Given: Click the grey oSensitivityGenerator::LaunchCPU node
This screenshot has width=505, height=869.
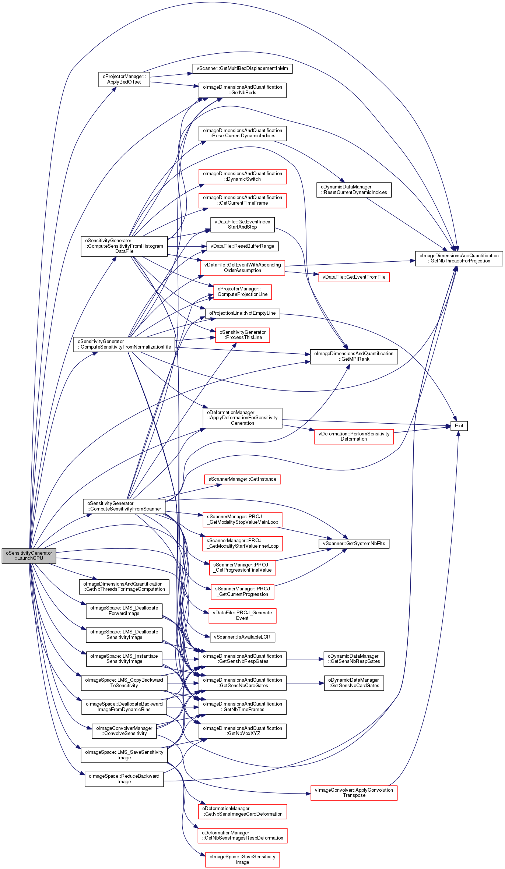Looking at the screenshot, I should tap(29, 555).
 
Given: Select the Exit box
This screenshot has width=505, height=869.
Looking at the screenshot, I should tap(459, 426).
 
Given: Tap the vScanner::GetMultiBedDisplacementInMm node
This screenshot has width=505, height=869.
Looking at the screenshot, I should tap(242, 68).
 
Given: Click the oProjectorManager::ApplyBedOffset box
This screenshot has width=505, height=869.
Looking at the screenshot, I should tap(124, 79).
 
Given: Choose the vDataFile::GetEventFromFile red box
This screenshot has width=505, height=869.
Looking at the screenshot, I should tap(354, 277).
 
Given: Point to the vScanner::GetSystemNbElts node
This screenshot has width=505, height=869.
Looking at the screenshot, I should tap(354, 544).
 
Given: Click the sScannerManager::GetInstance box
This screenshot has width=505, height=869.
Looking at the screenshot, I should tap(242, 479).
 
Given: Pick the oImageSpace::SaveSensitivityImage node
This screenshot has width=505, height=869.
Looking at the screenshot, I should tap(242, 859).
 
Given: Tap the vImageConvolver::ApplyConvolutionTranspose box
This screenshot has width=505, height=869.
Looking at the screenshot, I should tap(354, 792).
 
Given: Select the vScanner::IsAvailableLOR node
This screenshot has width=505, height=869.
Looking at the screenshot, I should tap(242, 637).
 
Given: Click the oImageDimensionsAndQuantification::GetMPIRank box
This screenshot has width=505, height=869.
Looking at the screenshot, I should tap(354, 356).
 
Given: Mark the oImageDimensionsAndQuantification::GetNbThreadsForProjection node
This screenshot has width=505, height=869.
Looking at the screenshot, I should tap(459, 258).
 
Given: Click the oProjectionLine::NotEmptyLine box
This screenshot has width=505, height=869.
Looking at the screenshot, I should tap(242, 313).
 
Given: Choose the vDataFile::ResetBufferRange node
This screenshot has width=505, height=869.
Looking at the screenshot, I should tap(242, 246).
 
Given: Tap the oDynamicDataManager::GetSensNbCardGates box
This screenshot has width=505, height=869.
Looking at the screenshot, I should tap(354, 683).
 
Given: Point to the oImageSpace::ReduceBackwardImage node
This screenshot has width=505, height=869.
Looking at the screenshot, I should tap(124, 779).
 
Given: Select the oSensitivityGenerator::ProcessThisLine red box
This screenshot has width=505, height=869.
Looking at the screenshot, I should tap(242, 335).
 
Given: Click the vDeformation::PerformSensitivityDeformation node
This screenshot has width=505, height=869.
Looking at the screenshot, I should tap(354, 437).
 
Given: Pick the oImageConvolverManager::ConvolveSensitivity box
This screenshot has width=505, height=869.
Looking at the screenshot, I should tap(124, 731).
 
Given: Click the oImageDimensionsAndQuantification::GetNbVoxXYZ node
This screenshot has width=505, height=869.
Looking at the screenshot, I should tap(242, 731).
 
